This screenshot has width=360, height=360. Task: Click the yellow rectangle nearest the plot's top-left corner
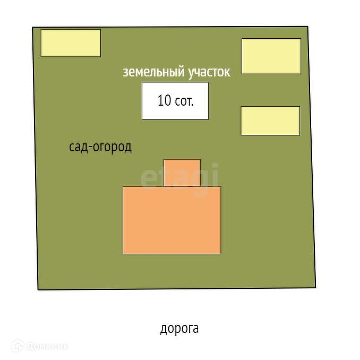[71, 43]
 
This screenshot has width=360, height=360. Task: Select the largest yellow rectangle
[271, 56]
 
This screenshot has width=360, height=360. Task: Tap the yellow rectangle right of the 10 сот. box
[270, 121]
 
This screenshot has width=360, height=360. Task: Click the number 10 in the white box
[164, 100]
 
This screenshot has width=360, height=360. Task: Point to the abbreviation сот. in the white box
[184, 101]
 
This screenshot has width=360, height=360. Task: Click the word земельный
[153, 73]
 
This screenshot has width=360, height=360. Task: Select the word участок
[209, 73]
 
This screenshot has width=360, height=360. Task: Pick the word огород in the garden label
[113, 148]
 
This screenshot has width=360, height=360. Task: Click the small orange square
[182, 173]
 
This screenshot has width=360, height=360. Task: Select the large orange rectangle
[172, 220]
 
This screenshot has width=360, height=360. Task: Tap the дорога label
[179, 329]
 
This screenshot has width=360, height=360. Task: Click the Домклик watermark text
[48, 347]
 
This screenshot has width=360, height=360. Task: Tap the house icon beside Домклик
[18, 346]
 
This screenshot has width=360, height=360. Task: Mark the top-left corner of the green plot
[33, 28]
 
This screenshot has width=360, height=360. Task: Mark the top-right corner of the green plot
[307, 27]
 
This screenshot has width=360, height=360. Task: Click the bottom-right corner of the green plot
[315, 287]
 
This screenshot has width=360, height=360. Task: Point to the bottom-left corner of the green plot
[38, 289]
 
